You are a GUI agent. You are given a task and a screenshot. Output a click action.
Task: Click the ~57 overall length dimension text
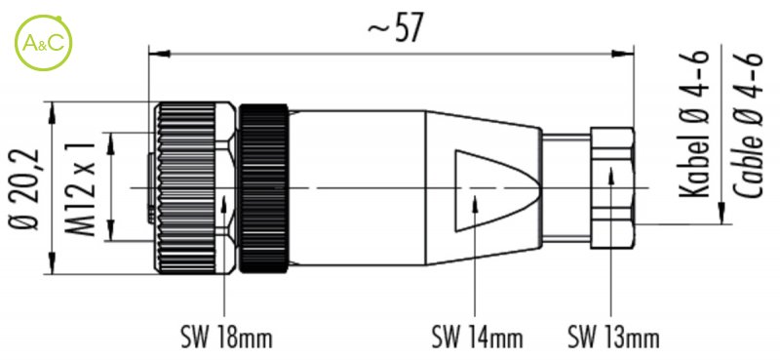pos(397,28)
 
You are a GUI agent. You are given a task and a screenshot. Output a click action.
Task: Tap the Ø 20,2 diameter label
pos(23,189)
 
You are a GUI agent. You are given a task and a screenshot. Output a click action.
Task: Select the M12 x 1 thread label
pos(80,188)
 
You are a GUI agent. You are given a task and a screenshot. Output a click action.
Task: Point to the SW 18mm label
pos(226,338)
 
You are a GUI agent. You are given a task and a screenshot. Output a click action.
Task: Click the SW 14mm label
pos(477,338)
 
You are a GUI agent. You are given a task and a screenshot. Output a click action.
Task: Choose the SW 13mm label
pos(613,338)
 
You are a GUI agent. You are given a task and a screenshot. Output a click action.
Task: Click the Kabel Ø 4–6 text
pos(694,123)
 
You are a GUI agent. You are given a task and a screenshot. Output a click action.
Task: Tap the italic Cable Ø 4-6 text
pos(748,124)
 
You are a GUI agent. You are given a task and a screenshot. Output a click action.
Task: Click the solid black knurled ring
pos(263,188)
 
